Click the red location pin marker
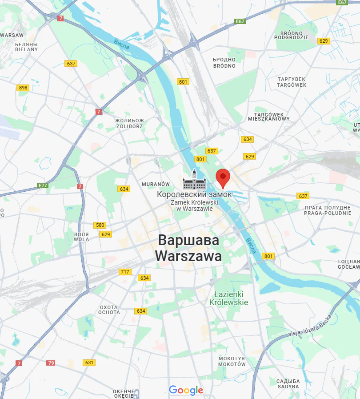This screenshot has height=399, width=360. pyautogui.click(x=223, y=178)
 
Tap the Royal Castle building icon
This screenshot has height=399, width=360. pyautogui.click(x=194, y=180)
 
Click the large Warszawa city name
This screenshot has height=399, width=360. pyautogui.click(x=188, y=249)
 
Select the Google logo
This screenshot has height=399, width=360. pyautogui.click(x=186, y=391)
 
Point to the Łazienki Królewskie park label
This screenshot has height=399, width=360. pyautogui.click(x=229, y=298)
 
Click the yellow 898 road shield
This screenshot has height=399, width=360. pyautogui.click(x=23, y=88)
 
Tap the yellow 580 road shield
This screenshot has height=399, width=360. pyautogui.click(x=100, y=226)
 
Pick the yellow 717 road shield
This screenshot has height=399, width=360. pyautogui.click(x=125, y=272)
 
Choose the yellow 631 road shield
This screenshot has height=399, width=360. pyautogui.click(x=89, y=363)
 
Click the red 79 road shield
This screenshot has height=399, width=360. pyautogui.click(x=51, y=363)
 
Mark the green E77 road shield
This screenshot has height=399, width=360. pyautogui.click(x=43, y=185)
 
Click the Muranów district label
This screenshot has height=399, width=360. pyautogui.click(x=156, y=184)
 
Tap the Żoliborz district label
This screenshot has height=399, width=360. pyautogui.click(x=129, y=123)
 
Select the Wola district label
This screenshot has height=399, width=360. pyautogui.click(x=82, y=237)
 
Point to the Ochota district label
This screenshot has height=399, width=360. pyautogui.click(x=109, y=310)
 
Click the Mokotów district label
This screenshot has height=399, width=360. pyautogui.click(x=232, y=361)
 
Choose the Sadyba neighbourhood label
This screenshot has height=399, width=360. pyautogui.click(x=288, y=383)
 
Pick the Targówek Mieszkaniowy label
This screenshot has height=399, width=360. pyautogui.click(x=269, y=117)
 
